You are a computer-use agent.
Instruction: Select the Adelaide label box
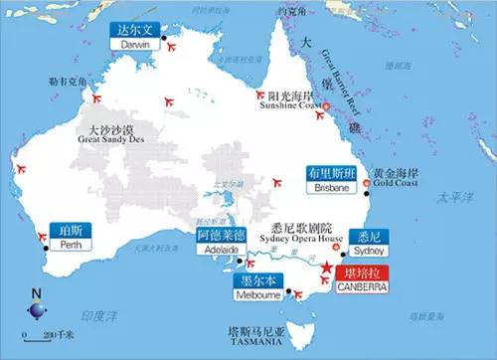[x=218, y=244]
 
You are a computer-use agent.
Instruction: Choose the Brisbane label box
[x=329, y=180]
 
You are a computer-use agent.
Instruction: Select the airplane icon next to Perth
[x=42, y=237]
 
